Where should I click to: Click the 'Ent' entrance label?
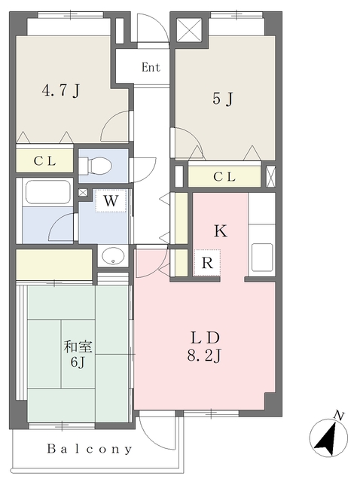(151, 67)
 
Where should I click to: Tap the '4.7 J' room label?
(60, 91)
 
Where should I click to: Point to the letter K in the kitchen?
(220, 231)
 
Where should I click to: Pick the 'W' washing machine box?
(111, 201)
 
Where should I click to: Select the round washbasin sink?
(113, 256)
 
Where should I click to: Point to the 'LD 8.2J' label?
(203, 346)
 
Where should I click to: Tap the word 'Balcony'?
(90, 450)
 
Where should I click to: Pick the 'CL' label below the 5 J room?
(224, 177)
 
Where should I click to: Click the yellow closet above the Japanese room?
(53, 265)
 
